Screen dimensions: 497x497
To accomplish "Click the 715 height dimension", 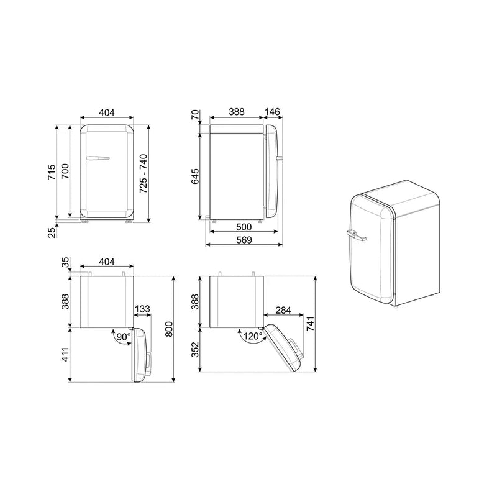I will point(53,172).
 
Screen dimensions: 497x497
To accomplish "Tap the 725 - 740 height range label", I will point(144,175).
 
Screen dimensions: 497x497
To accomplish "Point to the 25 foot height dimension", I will point(52,232).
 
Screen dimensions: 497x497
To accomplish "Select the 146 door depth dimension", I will point(272,112).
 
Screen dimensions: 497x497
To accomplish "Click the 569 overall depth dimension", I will point(244,240).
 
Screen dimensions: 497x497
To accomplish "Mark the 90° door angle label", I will point(123,337).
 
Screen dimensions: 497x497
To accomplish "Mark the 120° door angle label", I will point(252,335).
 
